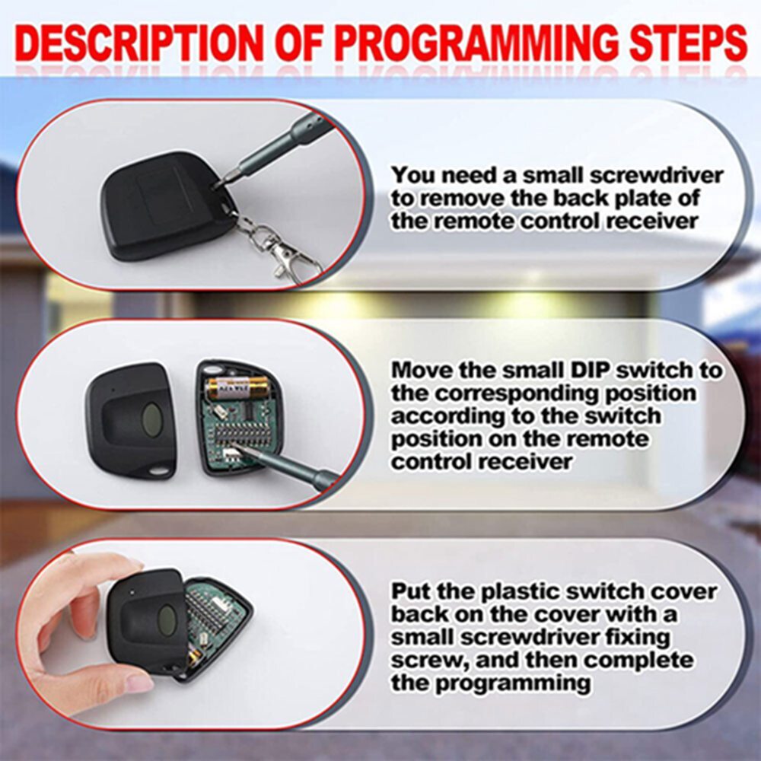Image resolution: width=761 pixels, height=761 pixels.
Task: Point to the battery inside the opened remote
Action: pos(238,387)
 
